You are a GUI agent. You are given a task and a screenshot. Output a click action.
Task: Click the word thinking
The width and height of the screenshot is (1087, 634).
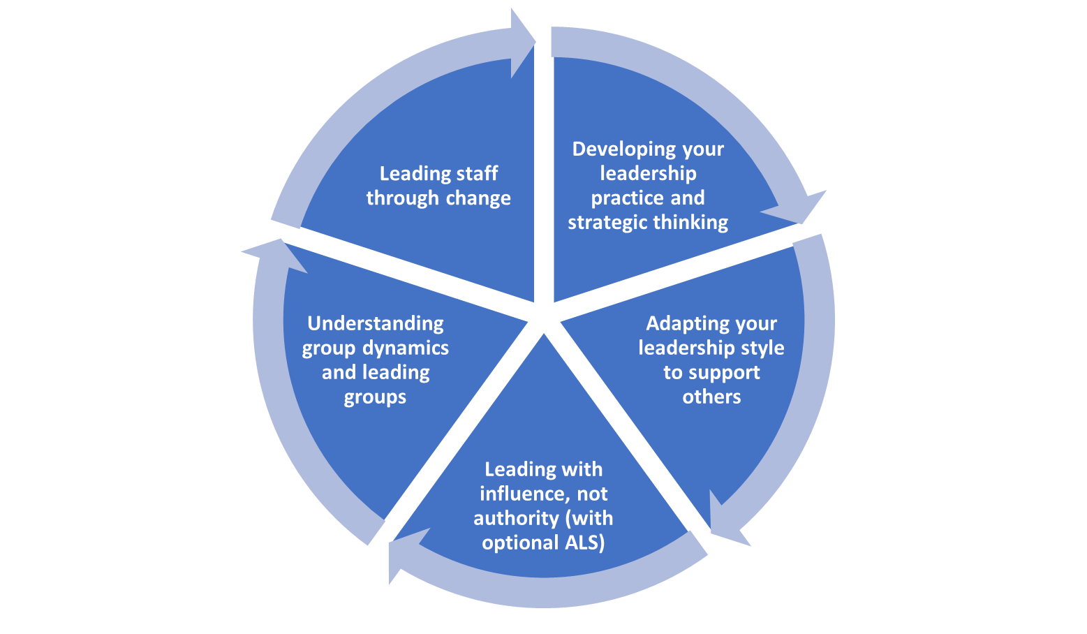coord(690,223)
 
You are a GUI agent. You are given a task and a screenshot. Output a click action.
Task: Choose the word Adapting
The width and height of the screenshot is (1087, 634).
coord(679,324)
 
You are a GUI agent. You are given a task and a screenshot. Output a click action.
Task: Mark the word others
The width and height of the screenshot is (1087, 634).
coord(711,397)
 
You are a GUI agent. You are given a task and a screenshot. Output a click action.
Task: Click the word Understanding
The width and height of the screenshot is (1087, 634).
coord(376,324)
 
